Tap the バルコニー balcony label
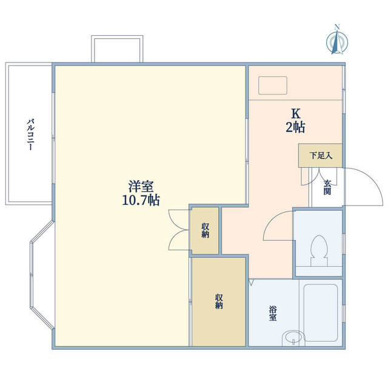point(31,135)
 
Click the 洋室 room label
point(141,186)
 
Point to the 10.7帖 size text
point(141,200)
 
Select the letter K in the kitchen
point(295,114)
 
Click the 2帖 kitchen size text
point(295,128)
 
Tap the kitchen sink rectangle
point(273,85)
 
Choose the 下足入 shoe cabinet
point(320,156)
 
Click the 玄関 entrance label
point(327,187)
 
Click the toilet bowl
point(319,250)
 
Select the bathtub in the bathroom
point(321,313)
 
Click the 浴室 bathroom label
point(273,313)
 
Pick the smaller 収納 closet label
point(205,230)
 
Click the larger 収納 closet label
point(219,301)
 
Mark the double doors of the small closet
point(179,230)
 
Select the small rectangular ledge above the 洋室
point(117,48)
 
